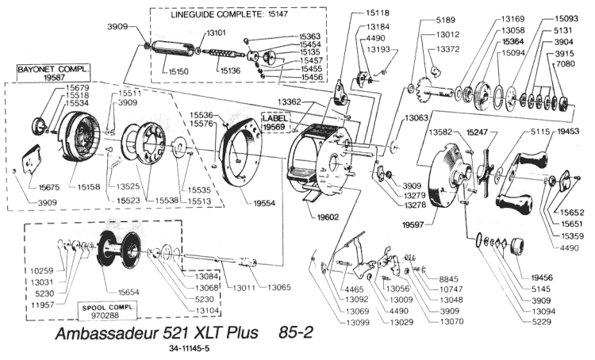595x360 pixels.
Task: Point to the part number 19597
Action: coord(415,225)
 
